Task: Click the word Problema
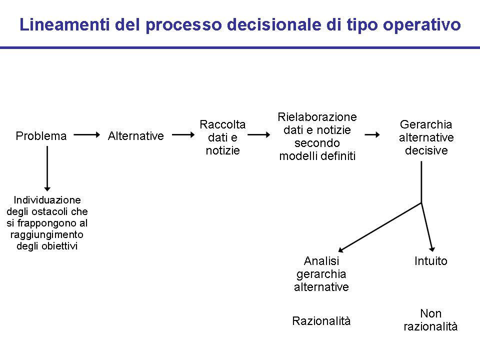[x=41, y=136]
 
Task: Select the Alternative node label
[x=136, y=136]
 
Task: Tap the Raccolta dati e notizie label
[x=222, y=137]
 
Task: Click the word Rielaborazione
[x=317, y=117]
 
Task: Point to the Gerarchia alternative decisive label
[x=426, y=137]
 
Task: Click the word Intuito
[x=430, y=261]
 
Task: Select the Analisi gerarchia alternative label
[x=321, y=274]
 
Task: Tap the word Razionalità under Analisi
[x=321, y=321]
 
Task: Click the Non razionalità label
[x=430, y=320]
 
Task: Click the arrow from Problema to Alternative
[x=87, y=134]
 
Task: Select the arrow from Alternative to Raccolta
[x=183, y=134]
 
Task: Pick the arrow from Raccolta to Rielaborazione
[x=259, y=134]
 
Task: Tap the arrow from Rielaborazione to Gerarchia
[x=372, y=134]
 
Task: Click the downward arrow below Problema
[x=47, y=168]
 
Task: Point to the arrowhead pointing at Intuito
[x=432, y=249]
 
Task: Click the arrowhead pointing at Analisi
[x=340, y=249]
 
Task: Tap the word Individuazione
[x=47, y=200]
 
